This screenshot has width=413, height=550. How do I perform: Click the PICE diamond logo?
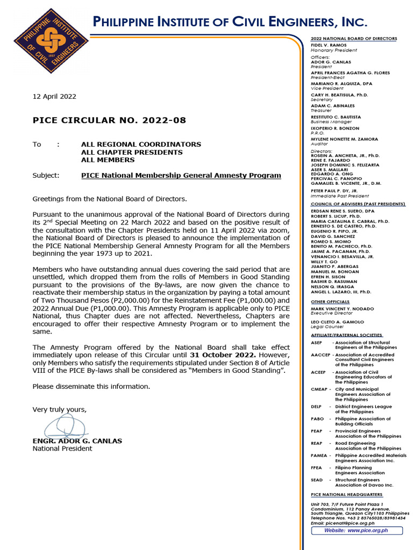tap(45, 41)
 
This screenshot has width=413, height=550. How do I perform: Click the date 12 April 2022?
tap(54, 97)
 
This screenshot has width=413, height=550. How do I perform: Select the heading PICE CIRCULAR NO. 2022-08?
tap(109, 120)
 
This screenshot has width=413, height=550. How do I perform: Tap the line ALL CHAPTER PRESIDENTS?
tap(132, 152)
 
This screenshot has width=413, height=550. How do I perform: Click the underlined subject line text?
tap(181, 175)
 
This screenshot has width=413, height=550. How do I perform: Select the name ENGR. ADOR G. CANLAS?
tap(77, 441)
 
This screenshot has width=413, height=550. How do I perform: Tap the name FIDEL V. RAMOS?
tap(328, 46)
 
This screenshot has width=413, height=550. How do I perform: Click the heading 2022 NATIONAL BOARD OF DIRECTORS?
tap(354, 39)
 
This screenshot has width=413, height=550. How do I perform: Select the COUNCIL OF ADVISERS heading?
tap(358, 204)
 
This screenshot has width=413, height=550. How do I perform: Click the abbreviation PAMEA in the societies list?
tap(319, 455)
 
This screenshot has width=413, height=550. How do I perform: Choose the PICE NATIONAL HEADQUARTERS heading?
tap(346, 494)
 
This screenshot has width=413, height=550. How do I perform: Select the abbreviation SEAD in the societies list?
tap(317, 480)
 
